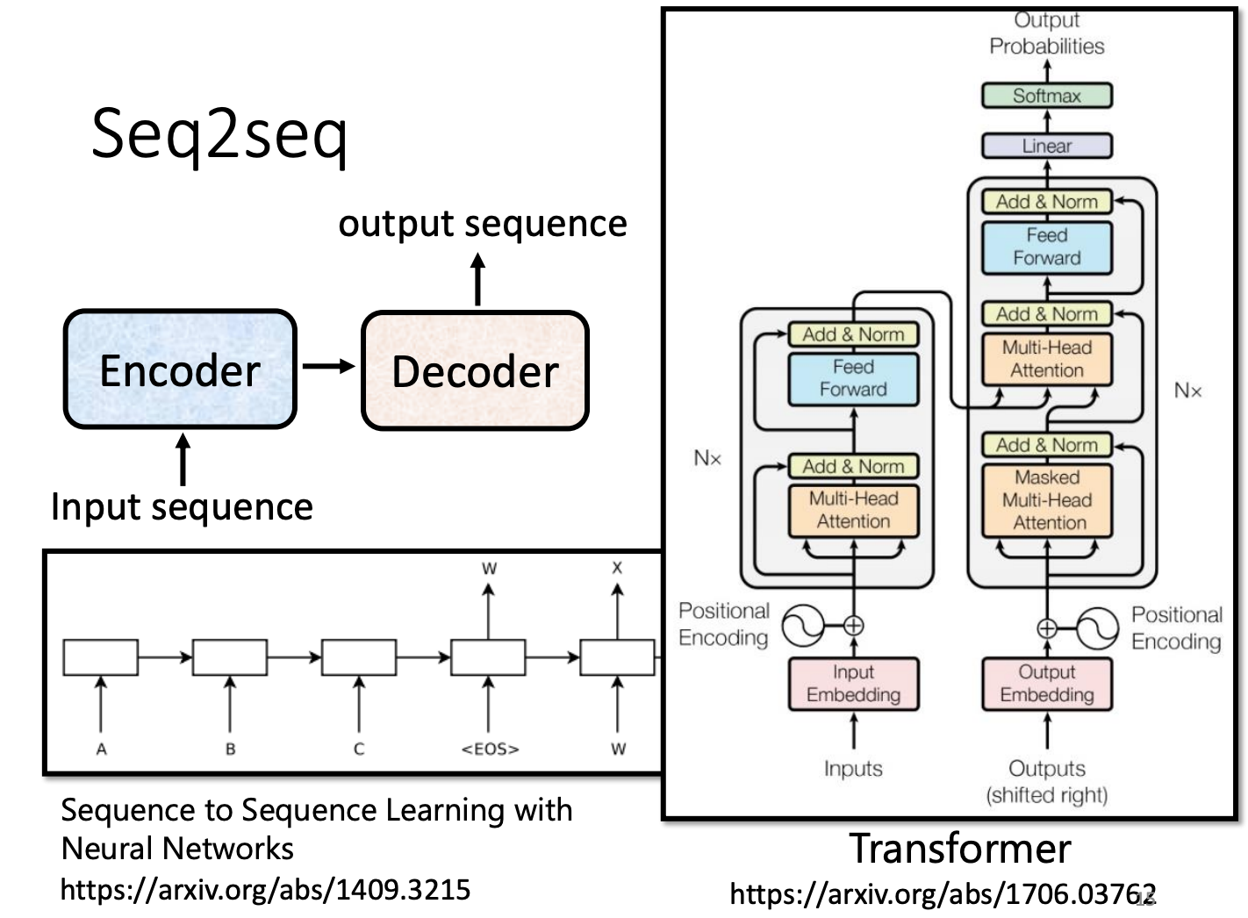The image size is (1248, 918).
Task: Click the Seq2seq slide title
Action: click(219, 133)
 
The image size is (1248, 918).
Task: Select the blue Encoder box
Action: click(180, 369)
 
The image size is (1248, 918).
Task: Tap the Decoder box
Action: click(475, 370)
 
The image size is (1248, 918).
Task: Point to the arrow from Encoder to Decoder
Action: click(328, 367)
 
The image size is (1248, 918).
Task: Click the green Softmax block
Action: click(1046, 96)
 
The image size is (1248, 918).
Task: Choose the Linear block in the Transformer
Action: click(1046, 146)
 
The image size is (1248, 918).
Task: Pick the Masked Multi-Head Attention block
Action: click(1046, 500)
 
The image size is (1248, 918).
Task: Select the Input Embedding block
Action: click(853, 684)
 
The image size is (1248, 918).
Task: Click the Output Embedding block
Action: click(1046, 684)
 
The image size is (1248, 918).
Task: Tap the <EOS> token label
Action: click(490, 749)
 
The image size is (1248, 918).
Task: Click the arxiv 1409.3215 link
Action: click(265, 890)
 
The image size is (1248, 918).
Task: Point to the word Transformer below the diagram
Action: click(959, 849)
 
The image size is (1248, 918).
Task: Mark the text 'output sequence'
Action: click(483, 224)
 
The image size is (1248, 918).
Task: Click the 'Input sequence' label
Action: click(182, 507)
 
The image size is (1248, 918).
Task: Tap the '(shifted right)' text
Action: click(1046, 795)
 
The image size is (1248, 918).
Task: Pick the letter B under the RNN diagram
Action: click(230, 749)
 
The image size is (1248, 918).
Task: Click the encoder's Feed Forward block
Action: click(853, 378)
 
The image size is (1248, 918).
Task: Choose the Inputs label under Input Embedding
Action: click(853, 769)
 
